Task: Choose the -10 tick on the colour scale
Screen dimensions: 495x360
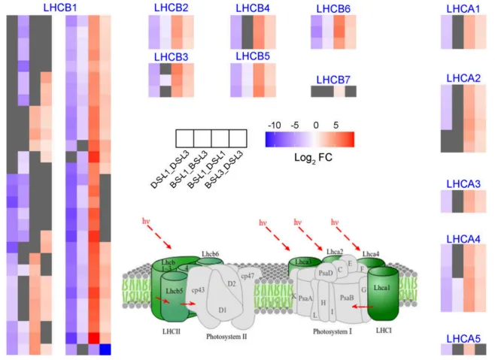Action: click(x=275, y=125)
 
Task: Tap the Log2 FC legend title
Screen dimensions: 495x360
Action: click(x=309, y=158)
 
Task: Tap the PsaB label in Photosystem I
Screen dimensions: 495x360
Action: click(x=348, y=298)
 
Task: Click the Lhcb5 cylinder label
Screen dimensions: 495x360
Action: click(x=174, y=291)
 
